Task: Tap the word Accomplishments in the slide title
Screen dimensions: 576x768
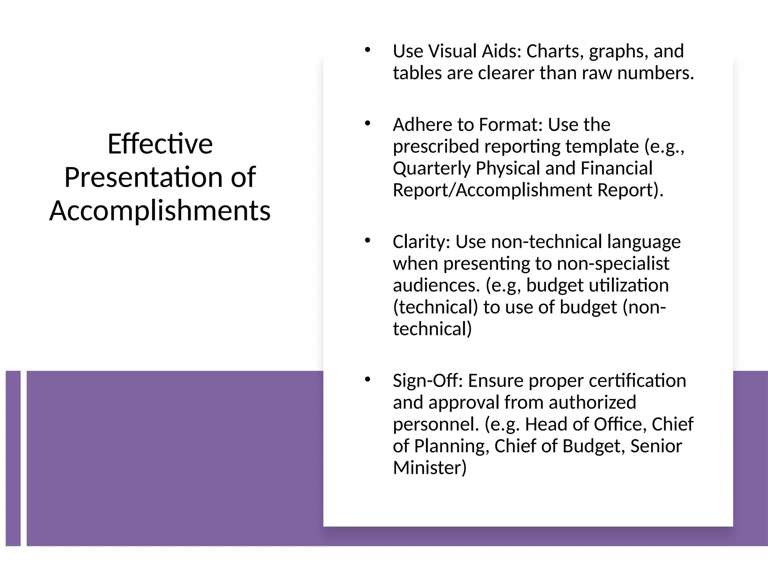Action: pos(160,210)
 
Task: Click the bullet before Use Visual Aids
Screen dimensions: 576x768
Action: pos(367,50)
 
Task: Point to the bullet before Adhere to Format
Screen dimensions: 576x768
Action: pos(367,123)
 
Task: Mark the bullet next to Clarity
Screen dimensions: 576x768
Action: pos(367,240)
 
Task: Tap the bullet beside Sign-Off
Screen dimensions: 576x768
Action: pos(367,379)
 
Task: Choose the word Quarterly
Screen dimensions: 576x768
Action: pos(432,168)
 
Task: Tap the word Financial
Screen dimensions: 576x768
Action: pos(616,168)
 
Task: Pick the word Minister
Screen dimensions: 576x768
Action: pos(430,468)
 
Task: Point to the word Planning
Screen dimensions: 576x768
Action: pos(451,446)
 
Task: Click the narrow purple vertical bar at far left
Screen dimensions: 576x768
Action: pos(13,458)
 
